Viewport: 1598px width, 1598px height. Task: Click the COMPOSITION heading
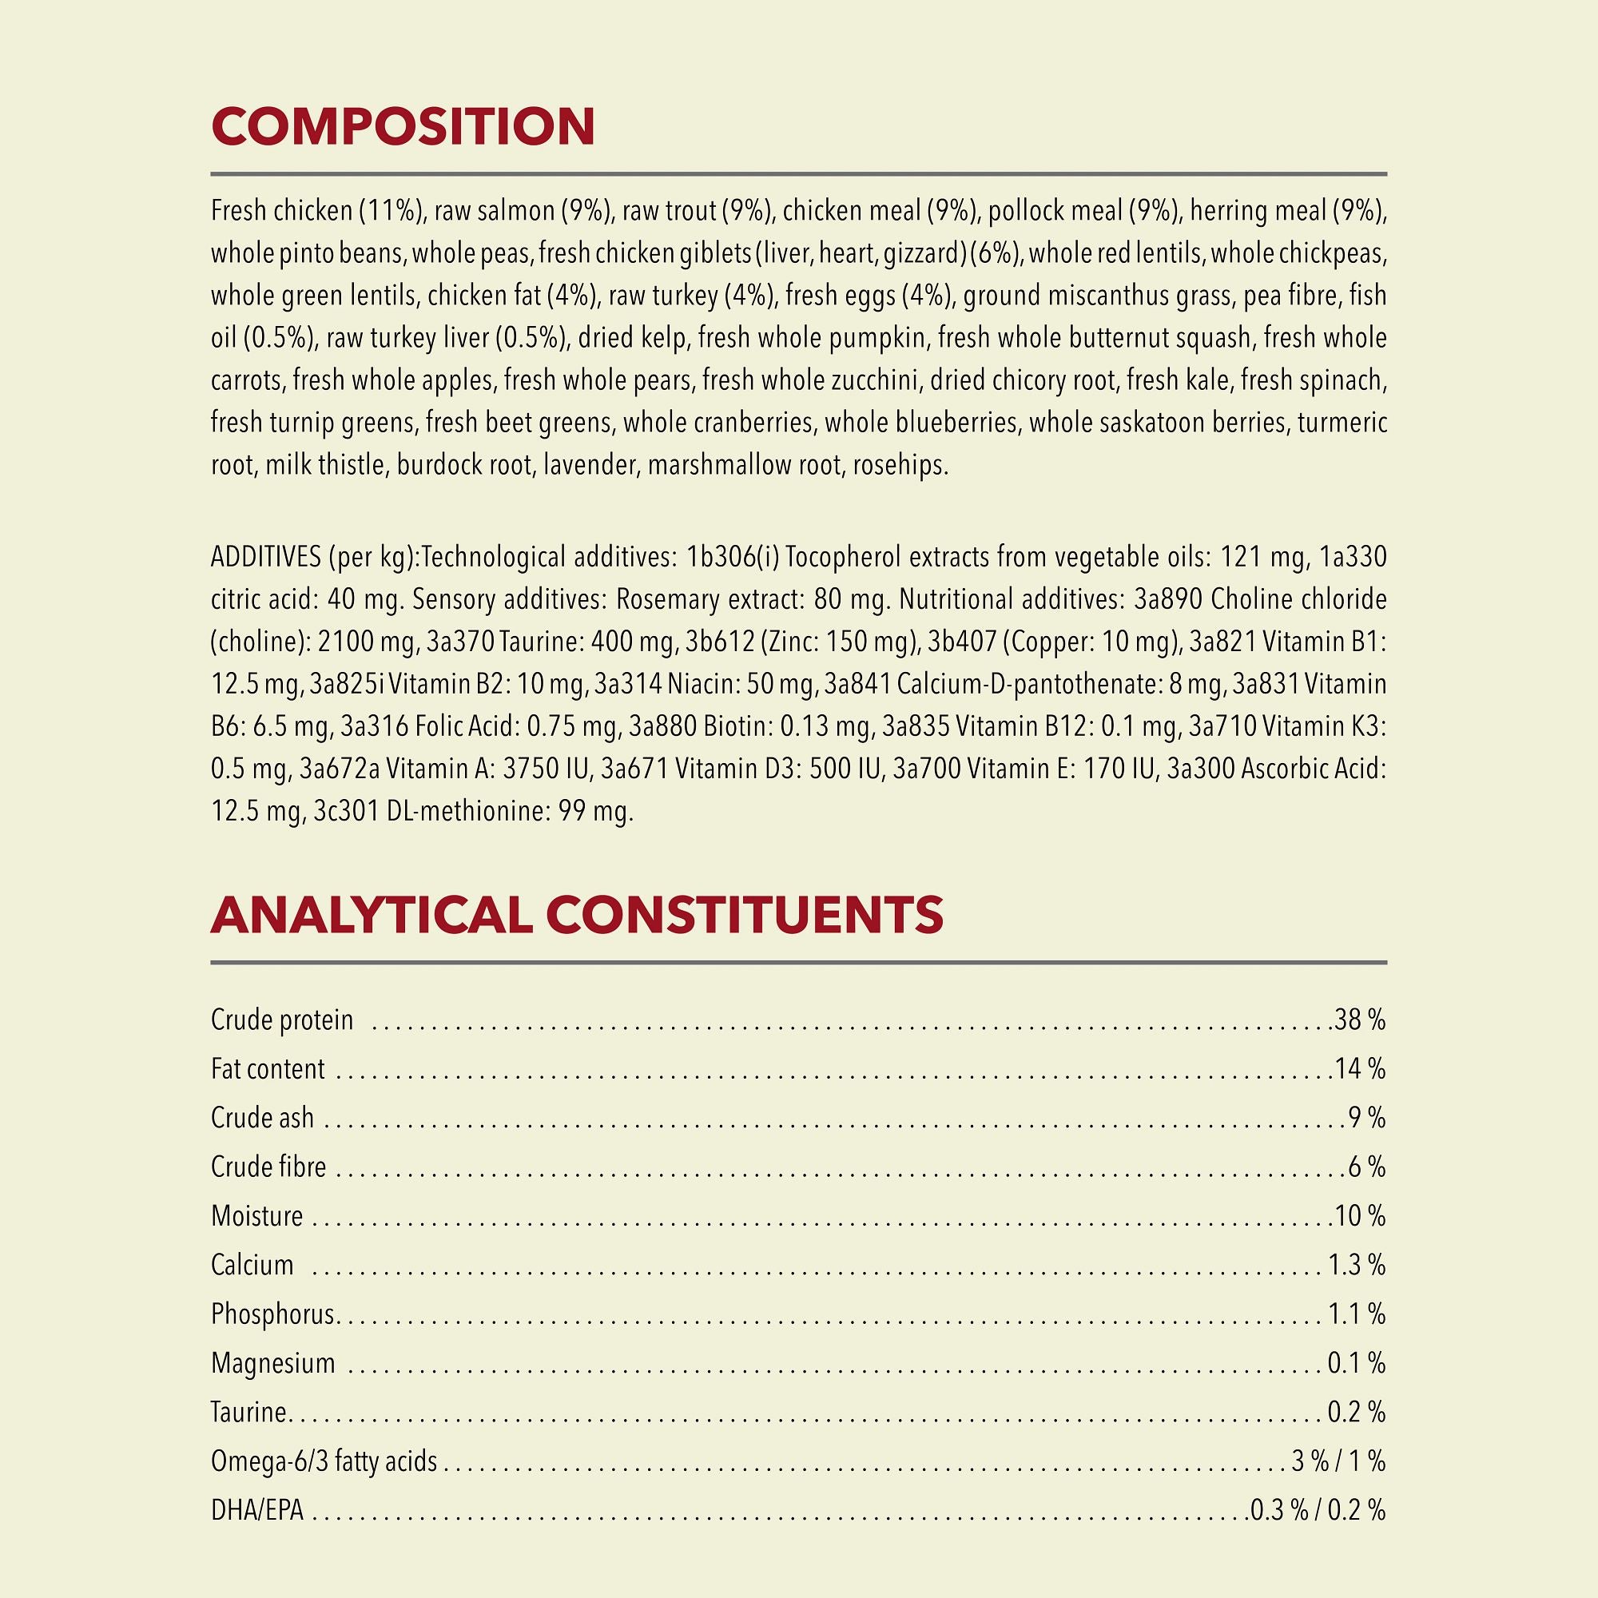point(403,126)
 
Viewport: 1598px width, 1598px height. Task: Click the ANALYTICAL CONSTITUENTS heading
point(577,915)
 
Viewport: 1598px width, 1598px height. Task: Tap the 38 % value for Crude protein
point(1360,1020)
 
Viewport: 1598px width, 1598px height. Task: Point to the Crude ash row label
point(262,1118)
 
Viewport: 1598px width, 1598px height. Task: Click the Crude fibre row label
point(268,1167)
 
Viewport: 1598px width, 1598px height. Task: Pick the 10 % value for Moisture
point(1360,1215)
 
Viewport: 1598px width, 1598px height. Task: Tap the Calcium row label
point(252,1265)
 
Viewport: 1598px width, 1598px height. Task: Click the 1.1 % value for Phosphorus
point(1357,1314)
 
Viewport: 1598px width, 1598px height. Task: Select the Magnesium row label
point(273,1362)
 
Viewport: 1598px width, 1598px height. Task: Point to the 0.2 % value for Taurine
point(1357,1412)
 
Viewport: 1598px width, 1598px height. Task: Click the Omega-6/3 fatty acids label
point(324,1461)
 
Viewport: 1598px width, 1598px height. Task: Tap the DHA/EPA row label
point(257,1510)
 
